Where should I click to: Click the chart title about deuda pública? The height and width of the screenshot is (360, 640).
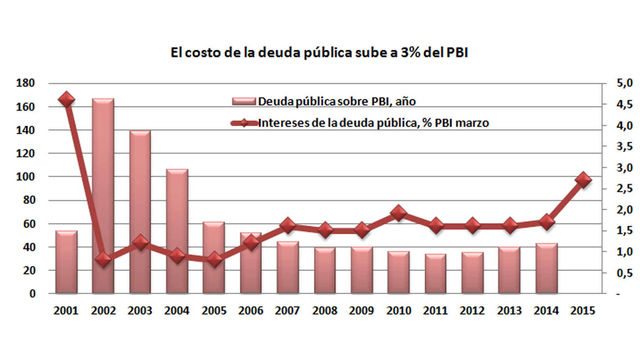(319, 53)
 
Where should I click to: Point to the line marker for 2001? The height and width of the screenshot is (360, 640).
(66, 100)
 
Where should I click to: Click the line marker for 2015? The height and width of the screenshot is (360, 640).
(583, 180)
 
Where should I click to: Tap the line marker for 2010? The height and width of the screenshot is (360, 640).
(399, 213)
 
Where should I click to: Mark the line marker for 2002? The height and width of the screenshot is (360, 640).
(103, 260)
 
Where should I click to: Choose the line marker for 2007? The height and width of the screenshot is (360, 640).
(288, 225)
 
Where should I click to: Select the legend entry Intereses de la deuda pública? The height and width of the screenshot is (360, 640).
(360, 123)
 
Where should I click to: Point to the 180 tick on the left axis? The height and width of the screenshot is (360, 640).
(25, 83)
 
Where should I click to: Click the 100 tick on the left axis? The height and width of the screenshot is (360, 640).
(25, 177)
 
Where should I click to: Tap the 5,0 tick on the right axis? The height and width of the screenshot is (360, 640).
(624, 83)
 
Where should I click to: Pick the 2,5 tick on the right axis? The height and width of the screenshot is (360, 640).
(624, 188)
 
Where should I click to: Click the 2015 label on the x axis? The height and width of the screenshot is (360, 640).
(583, 311)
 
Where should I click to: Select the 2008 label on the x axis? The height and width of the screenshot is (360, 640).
(325, 311)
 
